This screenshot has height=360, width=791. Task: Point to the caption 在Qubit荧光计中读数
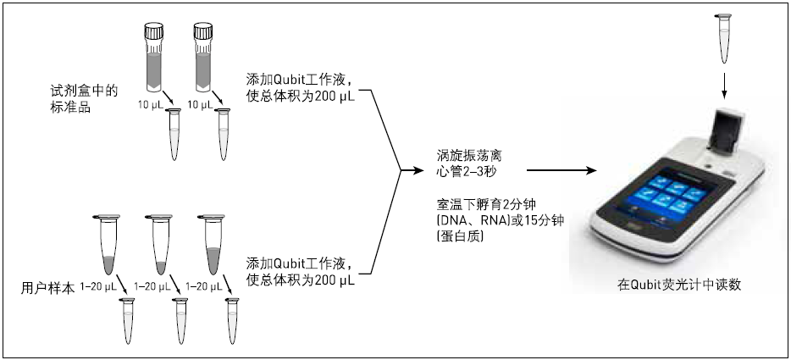pos(679,285)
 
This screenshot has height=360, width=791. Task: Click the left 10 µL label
pos(150,105)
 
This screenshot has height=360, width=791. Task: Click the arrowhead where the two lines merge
pos(407,171)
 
